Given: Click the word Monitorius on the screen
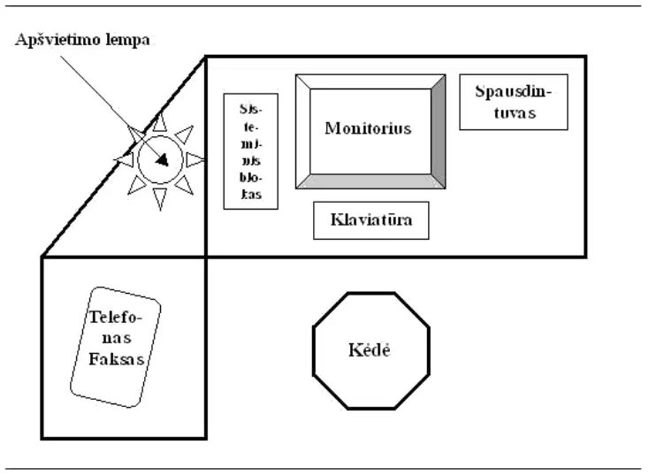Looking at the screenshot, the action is click(x=368, y=128).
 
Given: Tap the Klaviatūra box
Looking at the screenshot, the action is click(x=370, y=220).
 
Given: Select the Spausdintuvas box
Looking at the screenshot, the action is click(x=514, y=103).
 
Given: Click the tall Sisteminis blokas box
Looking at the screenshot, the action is click(x=251, y=151).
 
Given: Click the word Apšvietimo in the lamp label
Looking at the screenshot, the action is click(x=58, y=40).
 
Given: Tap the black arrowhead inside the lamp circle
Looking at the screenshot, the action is click(x=163, y=160).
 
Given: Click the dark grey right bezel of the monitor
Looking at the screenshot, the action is click(x=439, y=132).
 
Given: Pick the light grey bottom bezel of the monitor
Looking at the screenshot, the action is click(x=370, y=181).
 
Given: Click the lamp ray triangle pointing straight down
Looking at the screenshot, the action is click(x=160, y=199).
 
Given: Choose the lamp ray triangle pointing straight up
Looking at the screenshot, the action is click(x=160, y=122).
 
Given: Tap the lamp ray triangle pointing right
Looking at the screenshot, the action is click(x=195, y=159).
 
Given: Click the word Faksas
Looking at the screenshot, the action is click(x=117, y=358).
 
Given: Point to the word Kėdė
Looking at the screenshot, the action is click(x=370, y=350).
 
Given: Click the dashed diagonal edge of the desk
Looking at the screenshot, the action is click(x=123, y=157).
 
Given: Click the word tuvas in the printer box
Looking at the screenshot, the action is click(x=515, y=112).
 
